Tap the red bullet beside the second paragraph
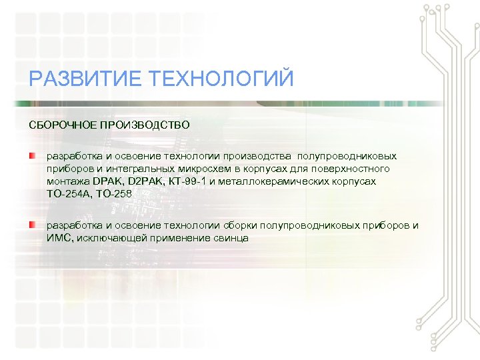(32, 225)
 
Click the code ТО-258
(115, 194)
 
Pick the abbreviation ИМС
(58, 238)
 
